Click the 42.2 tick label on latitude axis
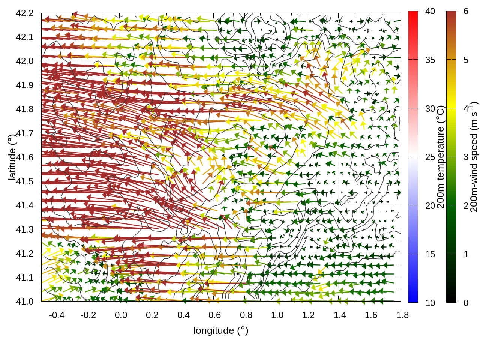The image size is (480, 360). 25,13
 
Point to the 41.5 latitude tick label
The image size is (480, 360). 25,181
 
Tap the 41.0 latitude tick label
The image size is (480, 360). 25,301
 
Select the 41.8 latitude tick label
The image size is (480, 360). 25,109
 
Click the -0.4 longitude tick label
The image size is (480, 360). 57,315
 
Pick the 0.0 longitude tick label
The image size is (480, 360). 121,315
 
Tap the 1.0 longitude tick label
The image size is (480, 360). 277,315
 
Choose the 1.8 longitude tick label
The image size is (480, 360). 402,315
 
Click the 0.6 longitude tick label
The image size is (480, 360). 214,315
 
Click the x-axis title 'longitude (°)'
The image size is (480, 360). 221,330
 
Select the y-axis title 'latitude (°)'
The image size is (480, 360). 12,157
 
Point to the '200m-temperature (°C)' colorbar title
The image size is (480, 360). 441,157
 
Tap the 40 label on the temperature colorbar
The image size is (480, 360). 430,12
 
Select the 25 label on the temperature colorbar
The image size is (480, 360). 430,157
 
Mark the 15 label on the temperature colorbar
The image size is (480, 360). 430,254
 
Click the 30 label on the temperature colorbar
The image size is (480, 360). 430,109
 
